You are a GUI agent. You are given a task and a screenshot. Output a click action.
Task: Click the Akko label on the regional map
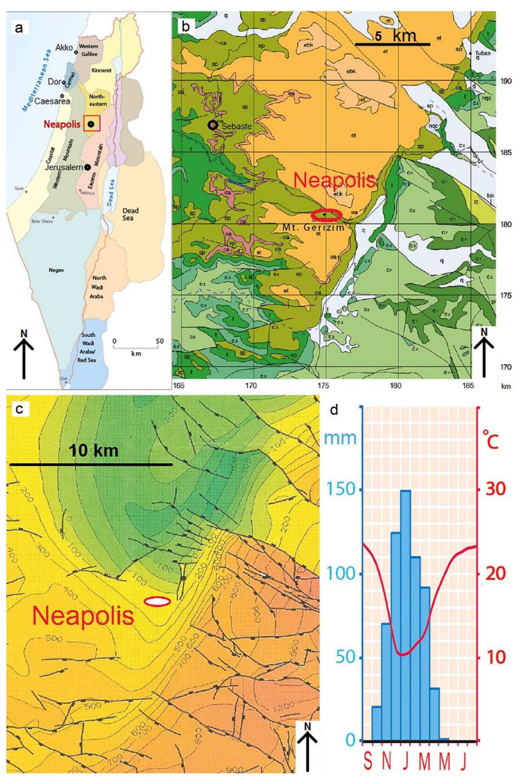64,47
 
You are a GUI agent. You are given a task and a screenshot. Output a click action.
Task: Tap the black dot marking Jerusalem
87,167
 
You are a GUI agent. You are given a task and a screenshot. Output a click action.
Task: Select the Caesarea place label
52,101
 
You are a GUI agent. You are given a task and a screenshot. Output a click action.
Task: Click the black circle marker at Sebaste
213,125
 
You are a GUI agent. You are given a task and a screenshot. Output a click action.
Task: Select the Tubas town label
482,53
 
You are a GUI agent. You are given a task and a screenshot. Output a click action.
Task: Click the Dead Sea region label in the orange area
131,214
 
